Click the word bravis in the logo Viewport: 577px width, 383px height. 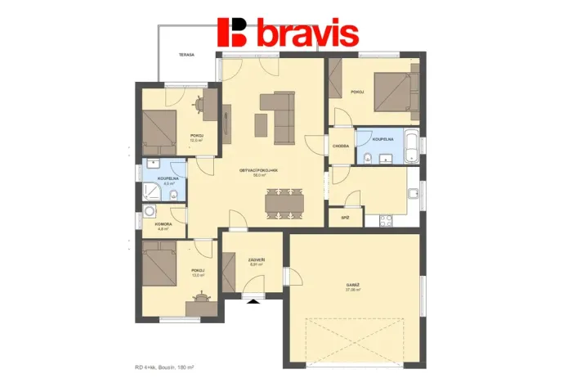point(307,34)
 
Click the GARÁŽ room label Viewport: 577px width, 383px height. point(353,284)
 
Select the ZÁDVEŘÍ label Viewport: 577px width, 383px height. point(256,260)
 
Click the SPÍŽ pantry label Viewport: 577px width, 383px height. point(335,219)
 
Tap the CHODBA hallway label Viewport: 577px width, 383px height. point(341,146)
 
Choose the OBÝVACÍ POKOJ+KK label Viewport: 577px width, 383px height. point(259,170)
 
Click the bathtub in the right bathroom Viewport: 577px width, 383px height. point(413,146)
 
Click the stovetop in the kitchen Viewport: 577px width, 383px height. point(385,219)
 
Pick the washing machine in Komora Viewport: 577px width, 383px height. point(149,212)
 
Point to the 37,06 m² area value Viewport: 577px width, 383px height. point(353,291)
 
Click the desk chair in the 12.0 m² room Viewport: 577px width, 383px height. point(200,104)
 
